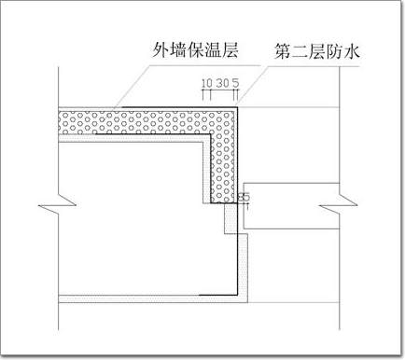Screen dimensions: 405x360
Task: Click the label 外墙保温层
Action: [x=195, y=49]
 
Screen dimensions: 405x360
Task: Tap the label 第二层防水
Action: [x=317, y=51]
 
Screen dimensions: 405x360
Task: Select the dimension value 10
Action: [x=207, y=83]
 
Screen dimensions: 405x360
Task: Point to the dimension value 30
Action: [x=222, y=83]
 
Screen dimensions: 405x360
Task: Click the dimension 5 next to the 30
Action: [x=235, y=83]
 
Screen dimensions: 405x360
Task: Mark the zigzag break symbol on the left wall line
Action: [x=58, y=205]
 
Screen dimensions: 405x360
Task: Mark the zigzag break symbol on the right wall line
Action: [x=340, y=205]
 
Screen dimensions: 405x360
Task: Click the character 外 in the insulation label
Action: [x=160, y=49]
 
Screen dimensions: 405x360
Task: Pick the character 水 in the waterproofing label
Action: [x=352, y=51]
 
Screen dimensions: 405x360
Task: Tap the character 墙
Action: [x=177, y=49]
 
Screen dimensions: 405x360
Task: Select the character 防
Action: [x=335, y=51]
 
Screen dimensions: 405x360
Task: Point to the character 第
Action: [x=282, y=51]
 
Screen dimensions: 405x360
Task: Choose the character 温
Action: [x=213, y=49]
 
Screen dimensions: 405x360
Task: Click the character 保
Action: [x=195, y=49]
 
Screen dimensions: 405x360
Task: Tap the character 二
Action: [x=300, y=51]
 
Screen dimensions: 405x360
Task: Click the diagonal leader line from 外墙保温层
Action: [x=132, y=87]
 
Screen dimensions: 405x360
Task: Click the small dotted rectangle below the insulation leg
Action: [x=230, y=218]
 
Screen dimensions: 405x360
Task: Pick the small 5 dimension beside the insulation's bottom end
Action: [x=245, y=197]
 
